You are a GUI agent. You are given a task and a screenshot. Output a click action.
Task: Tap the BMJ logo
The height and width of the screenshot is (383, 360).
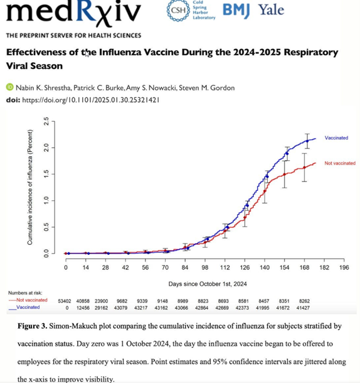click(236, 10)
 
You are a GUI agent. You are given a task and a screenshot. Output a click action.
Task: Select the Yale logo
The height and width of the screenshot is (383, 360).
click(272, 10)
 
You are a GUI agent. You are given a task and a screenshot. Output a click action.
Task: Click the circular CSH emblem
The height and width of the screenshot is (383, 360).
click(178, 10)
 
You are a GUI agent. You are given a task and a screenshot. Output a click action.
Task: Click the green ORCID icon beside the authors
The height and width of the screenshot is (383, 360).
click(10, 87)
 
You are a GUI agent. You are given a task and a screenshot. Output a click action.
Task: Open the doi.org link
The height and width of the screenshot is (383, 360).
click(91, 100)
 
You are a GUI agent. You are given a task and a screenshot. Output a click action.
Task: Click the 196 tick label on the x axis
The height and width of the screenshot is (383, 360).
click(344, 267)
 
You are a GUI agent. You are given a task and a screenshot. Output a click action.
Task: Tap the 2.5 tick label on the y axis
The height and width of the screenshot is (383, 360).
click(46, 121)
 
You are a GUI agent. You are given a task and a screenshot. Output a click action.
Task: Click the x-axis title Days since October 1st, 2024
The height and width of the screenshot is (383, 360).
click(208, 284)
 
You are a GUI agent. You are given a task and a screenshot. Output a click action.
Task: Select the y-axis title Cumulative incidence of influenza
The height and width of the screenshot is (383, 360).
click(29, 187)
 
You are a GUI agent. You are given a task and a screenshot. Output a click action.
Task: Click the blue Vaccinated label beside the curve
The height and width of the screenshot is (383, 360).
click(336, 138)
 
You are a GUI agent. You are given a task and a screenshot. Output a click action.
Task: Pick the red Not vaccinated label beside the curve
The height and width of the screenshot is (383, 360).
click(340, 163)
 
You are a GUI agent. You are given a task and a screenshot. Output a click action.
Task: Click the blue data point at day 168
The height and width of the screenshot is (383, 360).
click(307, 141)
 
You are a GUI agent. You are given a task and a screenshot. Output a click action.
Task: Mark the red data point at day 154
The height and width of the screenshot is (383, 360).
click(284, 175)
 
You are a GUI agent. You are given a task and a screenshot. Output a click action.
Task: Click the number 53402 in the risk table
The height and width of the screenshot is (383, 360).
click(65, 301)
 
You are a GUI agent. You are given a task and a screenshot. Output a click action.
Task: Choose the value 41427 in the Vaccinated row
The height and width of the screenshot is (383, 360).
click(303, 308)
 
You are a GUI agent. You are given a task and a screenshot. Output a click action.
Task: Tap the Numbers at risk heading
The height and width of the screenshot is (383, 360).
click(25, 293)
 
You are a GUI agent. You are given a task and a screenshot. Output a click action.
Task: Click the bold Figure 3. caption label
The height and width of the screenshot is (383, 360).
click(32, 326)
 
